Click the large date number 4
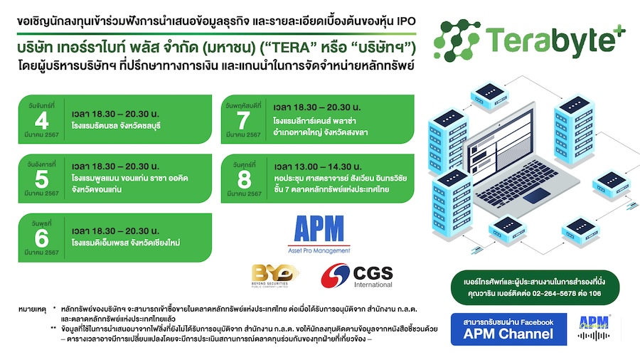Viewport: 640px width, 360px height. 42,120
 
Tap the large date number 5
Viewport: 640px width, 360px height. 42,179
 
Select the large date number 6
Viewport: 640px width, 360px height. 42,238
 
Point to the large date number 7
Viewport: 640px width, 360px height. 243,120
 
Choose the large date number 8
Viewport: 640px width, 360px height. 244,179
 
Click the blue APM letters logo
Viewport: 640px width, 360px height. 319,229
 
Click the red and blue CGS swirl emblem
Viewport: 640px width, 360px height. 335,275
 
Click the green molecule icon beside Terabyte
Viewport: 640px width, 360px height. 457,41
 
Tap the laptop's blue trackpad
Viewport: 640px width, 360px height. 537,196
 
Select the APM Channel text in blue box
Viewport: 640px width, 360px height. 508,334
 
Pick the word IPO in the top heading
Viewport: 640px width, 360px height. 406,21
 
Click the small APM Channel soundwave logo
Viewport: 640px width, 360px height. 594,329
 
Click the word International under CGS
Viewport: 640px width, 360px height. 373,285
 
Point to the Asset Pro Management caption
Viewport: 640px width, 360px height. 319,250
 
